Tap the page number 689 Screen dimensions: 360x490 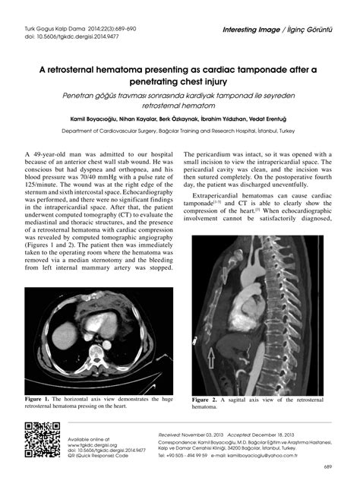pyautogui.click(x=327, y=466)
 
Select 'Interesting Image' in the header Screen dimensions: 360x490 pyautogui.click(x=254, y=30)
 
